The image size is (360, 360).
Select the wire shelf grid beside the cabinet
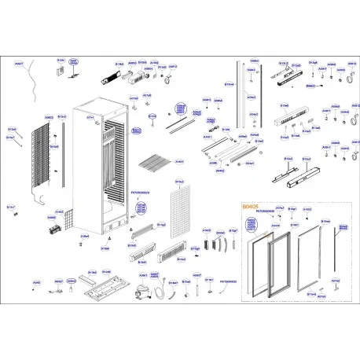tap(149, 166)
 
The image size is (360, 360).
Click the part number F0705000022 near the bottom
tap(229, 280)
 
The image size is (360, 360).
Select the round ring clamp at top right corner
tap(343, 79)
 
